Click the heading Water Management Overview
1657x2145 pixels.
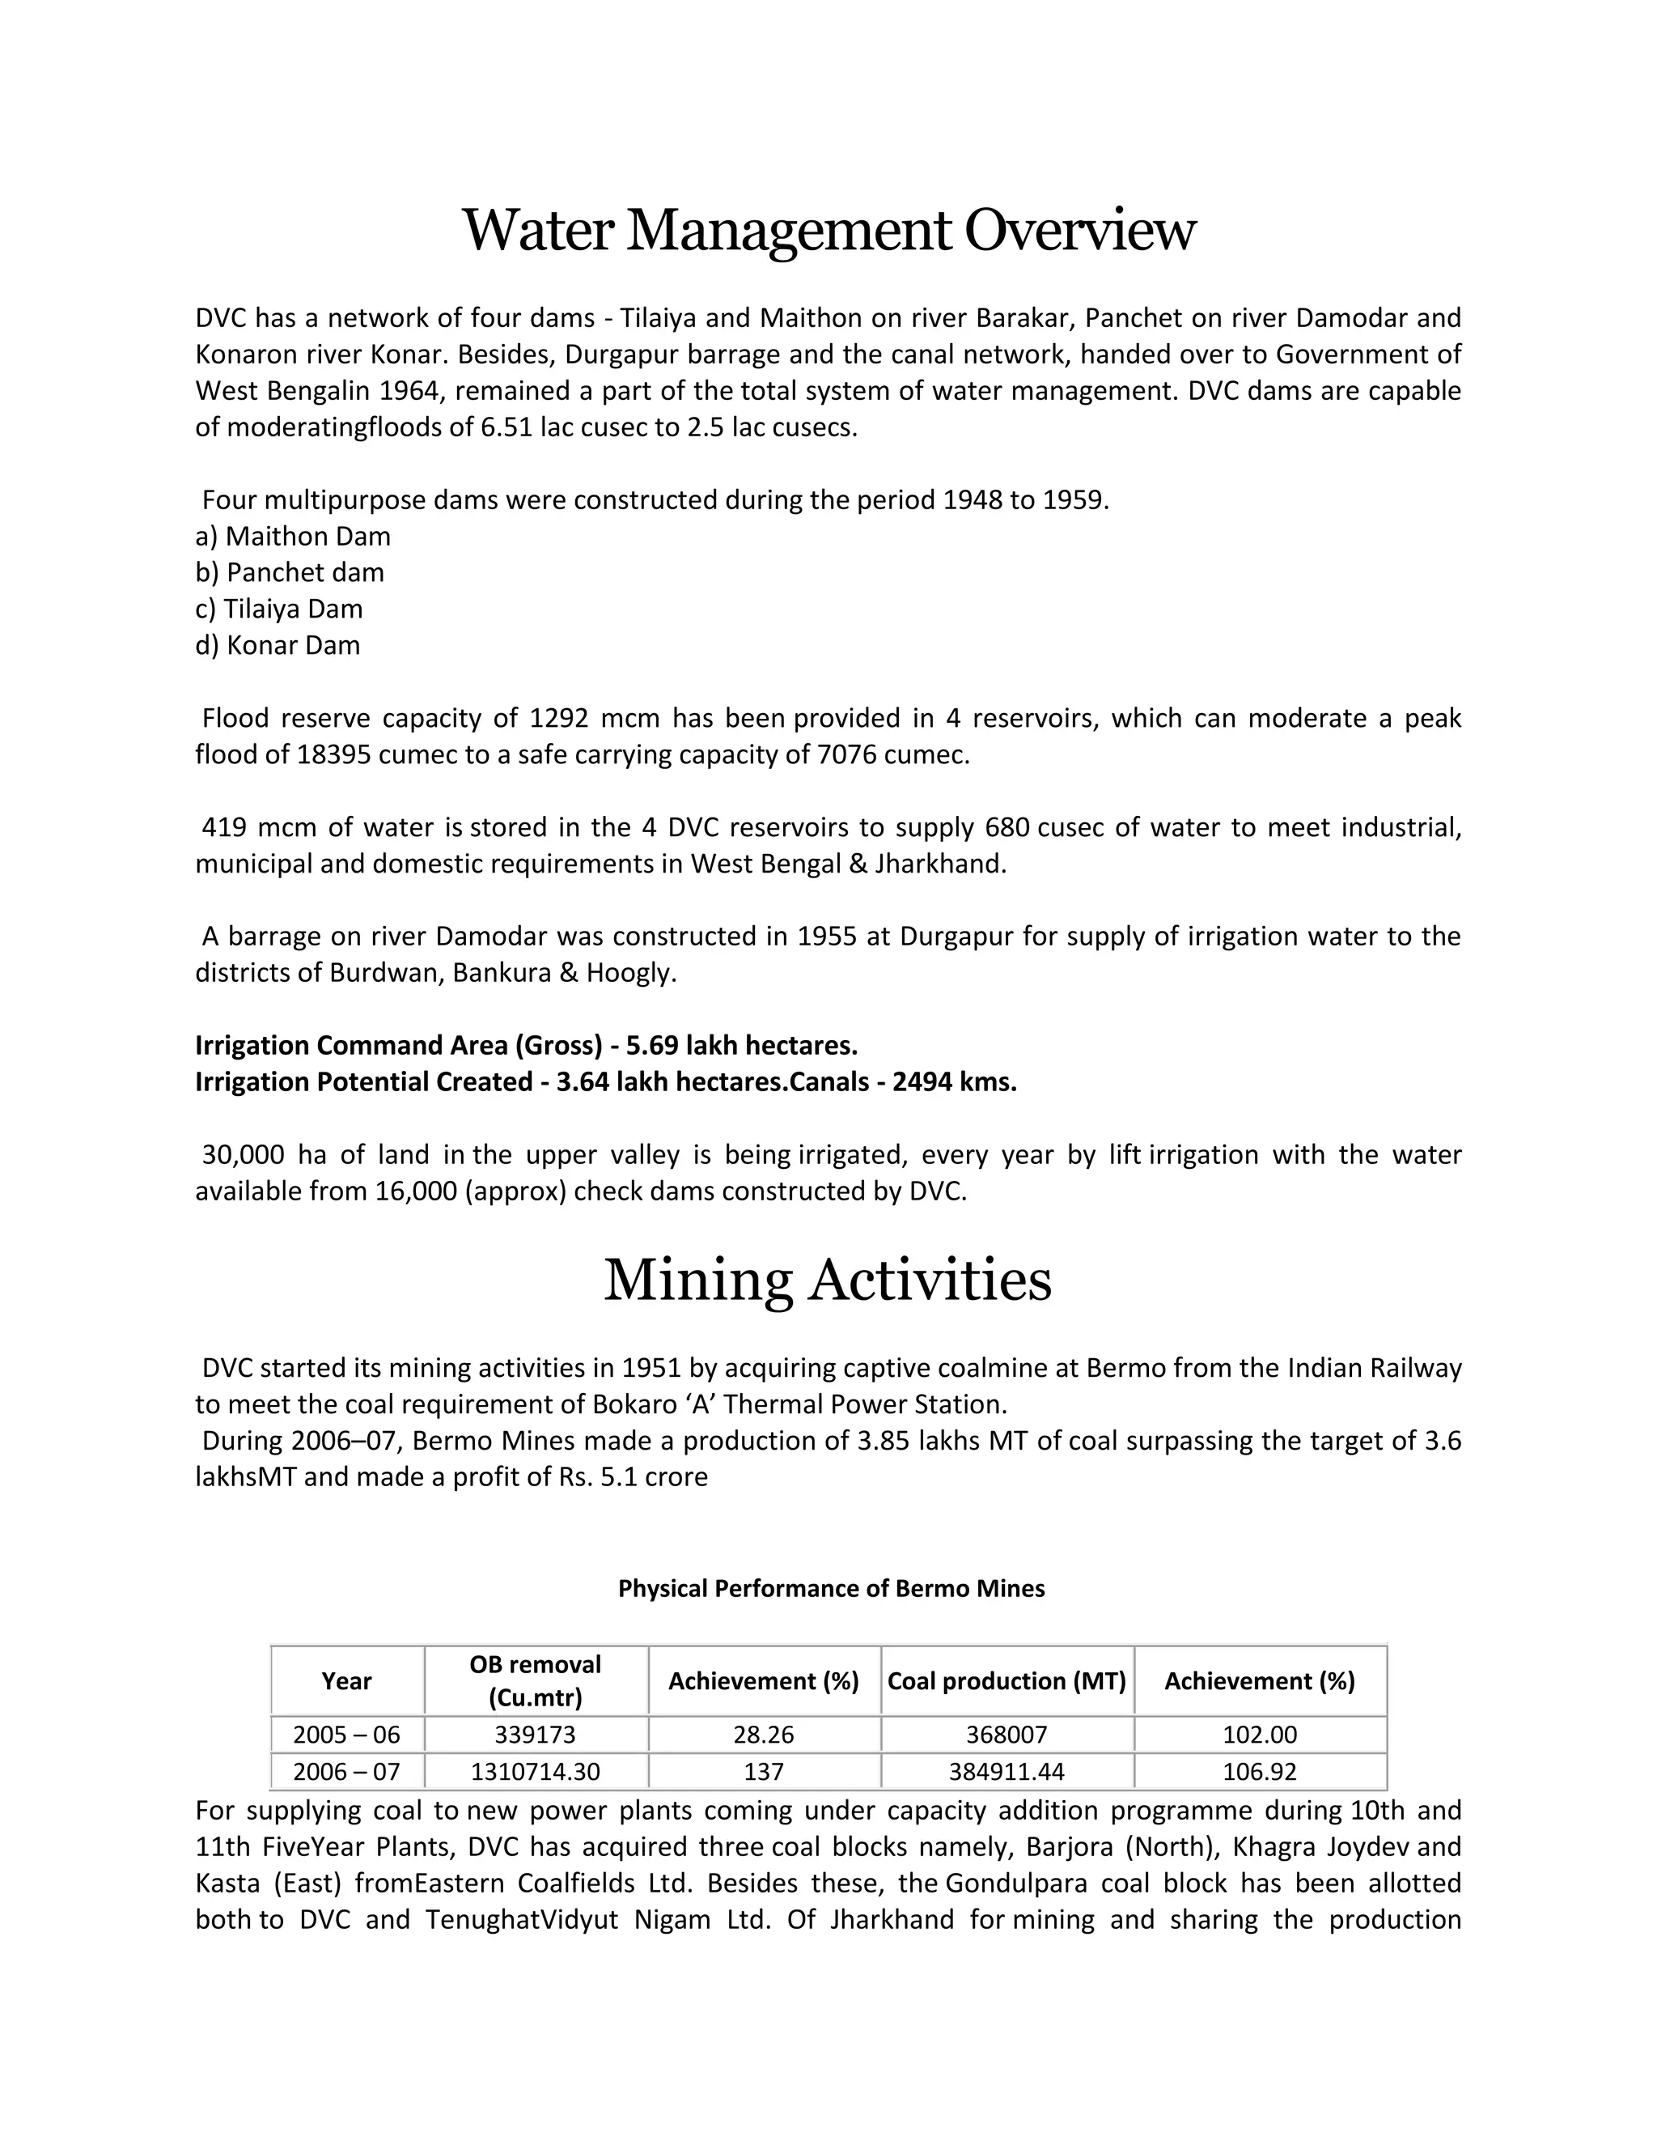click(828, 231)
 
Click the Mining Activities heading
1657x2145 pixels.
click(828, 1281)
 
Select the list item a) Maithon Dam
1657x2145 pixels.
click(293, 536)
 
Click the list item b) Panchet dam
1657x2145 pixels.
click(290, 572)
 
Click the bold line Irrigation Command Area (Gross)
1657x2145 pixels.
click(526, 1045)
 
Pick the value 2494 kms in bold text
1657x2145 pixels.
click(954, 1081)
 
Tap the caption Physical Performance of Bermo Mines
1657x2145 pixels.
click(830, 1588)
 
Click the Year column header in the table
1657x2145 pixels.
click(346, 1680)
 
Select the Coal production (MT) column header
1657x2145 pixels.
click(1006, 1680)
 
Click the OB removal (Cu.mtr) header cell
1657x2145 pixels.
click(535, 1680)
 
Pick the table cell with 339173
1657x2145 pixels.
click(535, 1735)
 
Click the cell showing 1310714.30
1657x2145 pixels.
click(535, 1772)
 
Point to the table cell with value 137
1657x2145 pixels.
click(764, 1772)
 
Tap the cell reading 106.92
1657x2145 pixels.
click(1260, 1772)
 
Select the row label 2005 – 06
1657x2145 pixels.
click(346, 1735)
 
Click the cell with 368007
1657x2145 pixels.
click(1006, 1735)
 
